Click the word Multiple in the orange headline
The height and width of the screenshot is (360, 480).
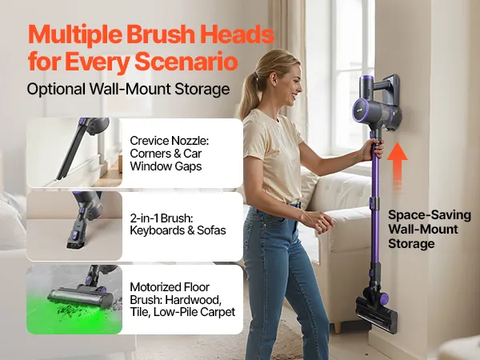coord(75,34)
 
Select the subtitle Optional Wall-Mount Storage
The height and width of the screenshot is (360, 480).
coord(128,89)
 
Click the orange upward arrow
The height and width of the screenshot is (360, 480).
coord(398,166)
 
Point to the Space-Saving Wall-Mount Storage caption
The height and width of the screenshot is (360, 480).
coord(429,230)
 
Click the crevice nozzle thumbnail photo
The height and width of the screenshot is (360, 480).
coord(74,153)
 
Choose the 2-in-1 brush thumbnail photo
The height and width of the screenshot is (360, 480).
coord(74,226)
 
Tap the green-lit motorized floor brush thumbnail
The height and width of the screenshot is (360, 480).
coord(74,299)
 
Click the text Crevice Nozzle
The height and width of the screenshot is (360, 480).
coord(169,141)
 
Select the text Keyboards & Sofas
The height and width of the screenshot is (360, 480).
coord(178,230)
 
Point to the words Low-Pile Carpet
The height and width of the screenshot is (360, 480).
coord(194,312)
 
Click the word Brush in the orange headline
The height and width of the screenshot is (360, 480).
coord(159,34)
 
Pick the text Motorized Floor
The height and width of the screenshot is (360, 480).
coord(170,287)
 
